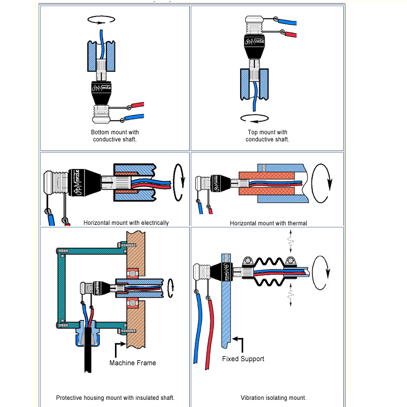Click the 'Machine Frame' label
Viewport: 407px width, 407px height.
[x=133, y=363]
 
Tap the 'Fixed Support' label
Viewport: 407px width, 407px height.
[x=243, y=359]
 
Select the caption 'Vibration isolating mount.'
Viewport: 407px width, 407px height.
[x=274, y=398]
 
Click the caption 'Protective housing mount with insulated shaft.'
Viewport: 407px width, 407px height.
[x=115, y=398]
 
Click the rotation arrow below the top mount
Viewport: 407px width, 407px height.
[x=254, y=118]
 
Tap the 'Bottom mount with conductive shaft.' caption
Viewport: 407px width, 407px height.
[x=115, y=136]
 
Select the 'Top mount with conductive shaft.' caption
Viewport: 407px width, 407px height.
[x=268, y=136]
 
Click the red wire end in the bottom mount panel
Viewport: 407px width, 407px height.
[x=138, y=105]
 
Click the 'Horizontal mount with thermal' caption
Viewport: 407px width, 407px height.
[x=269, y=223]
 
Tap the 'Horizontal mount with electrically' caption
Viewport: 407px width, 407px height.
[x=126, y=222]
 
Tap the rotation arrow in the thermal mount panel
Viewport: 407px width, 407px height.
[x=323, y=183]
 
